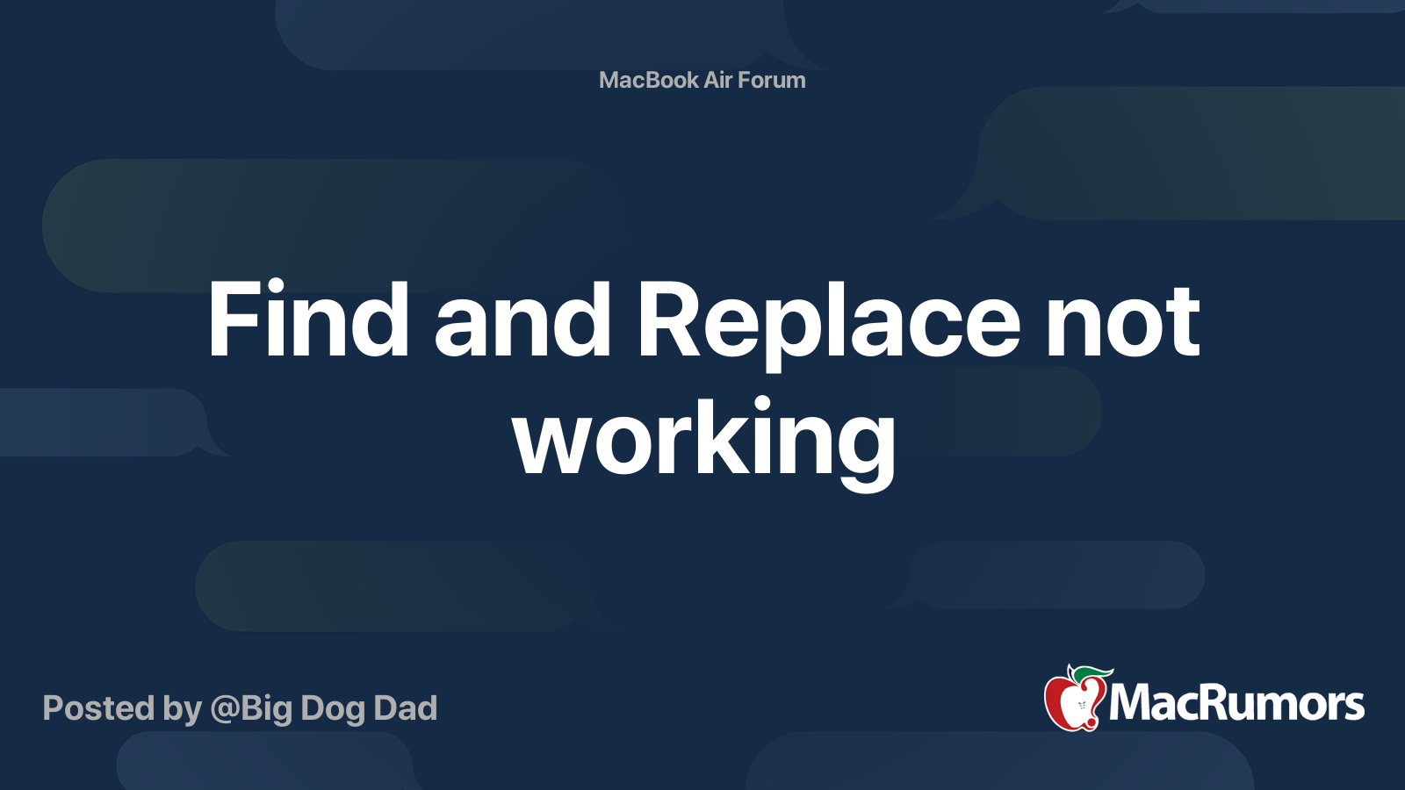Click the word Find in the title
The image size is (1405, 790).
[x=308, y=320]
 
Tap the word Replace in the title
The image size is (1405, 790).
[x=828, y=326]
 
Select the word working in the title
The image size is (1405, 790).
[x=704, y=442]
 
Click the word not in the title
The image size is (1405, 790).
[x=1122, y=322]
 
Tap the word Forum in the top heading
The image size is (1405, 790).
[x=771, y=80]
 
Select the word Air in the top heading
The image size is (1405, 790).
[x=717, y=80]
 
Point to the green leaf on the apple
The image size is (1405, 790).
[x=1092, y=673]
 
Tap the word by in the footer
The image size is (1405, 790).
[x=183, y=709]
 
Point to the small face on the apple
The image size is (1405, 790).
[x=1081, y=706]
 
